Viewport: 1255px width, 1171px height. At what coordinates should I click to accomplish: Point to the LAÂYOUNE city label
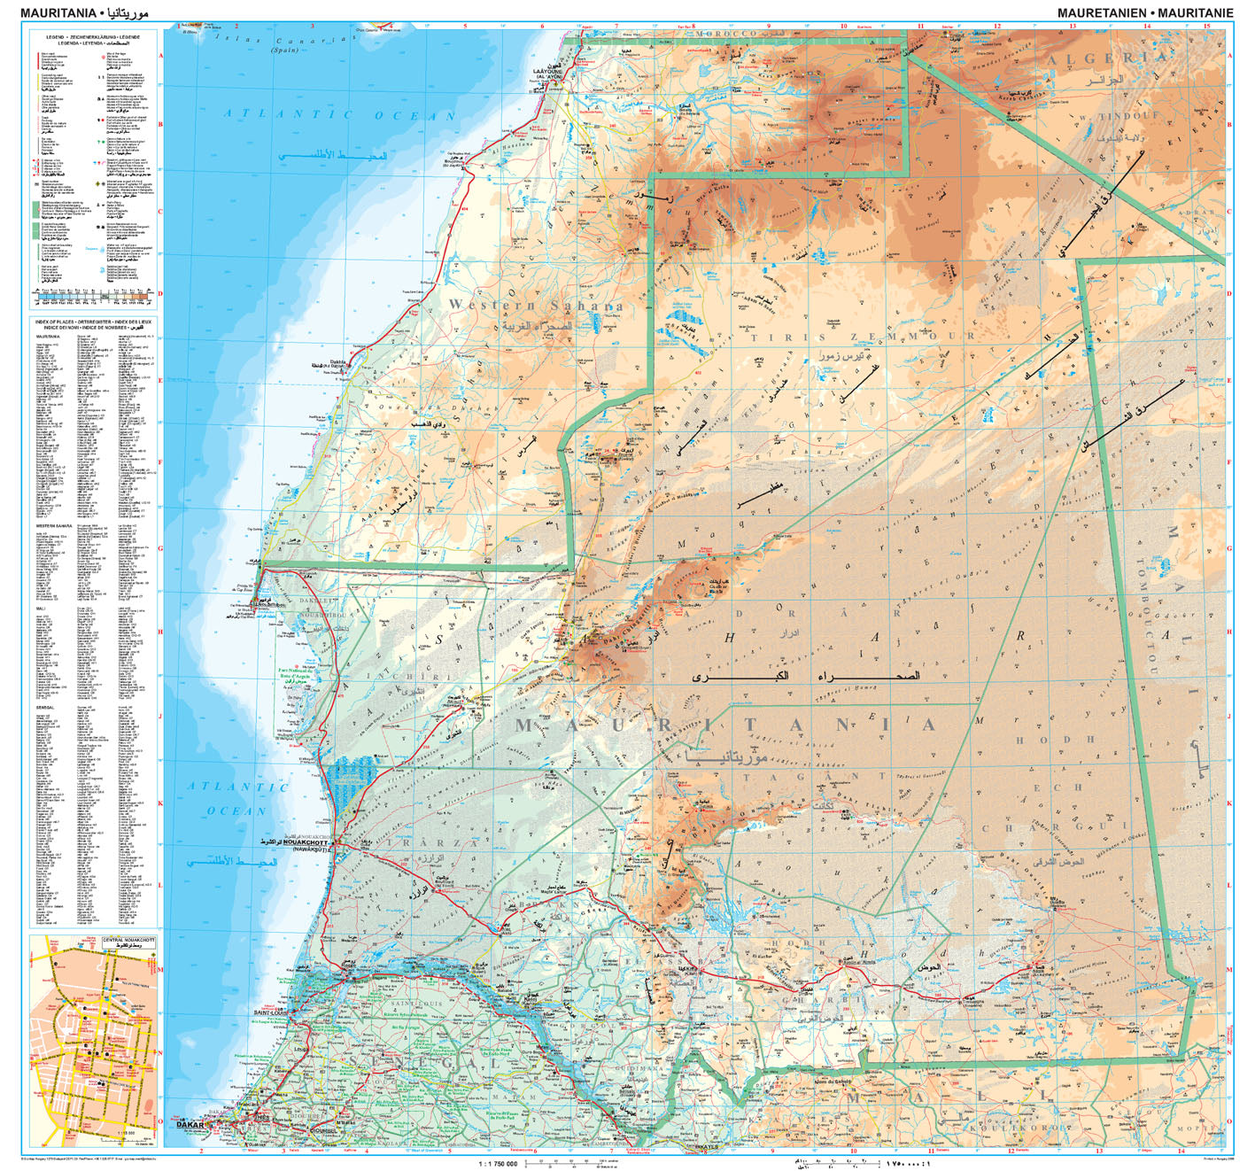click(546, 73)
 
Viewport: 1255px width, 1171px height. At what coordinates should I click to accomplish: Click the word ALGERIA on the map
click(1107, 58)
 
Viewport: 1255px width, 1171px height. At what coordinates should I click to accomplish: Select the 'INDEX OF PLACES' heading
click(94, 322)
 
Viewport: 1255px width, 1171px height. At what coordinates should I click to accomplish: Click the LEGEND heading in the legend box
click(94, 37)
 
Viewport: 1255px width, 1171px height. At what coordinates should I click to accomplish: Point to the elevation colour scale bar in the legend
click(94, 298)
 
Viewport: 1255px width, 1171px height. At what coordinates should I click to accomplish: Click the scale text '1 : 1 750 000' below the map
click(498, 1163)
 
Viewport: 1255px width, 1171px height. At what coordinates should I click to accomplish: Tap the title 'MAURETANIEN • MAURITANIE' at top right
click(1144, 13)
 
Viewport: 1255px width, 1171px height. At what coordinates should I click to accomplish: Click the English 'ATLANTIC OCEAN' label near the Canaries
click(339, 114)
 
